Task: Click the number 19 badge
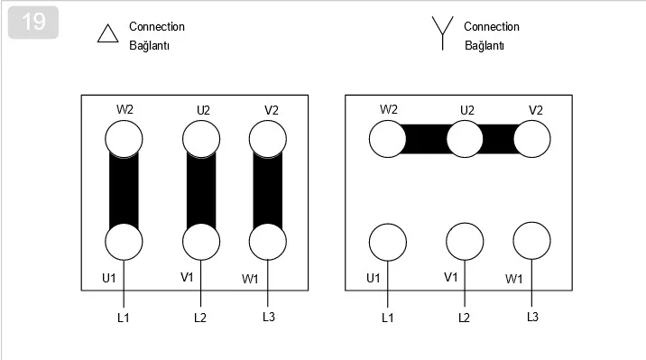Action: click(x=33, y=23)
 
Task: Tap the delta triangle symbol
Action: click(x=108, y=41)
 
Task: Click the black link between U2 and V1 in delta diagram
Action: click(x=201, y=190)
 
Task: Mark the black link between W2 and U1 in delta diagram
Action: click(x=124, y=190)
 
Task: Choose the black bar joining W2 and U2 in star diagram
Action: click(x=427, y=139)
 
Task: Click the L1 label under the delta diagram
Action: click(x=124, y=318)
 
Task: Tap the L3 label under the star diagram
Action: click(x=532, y=317)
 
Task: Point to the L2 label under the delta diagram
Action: click(x=200, y=318)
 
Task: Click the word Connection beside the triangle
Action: click(x=157, y=26)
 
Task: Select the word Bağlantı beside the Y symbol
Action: click(x=484, y=45)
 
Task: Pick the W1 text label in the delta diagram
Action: click(x=250, y=280)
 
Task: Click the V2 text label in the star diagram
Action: click(x=536, y=110)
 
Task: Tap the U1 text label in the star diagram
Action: click(x=374, y=279)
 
